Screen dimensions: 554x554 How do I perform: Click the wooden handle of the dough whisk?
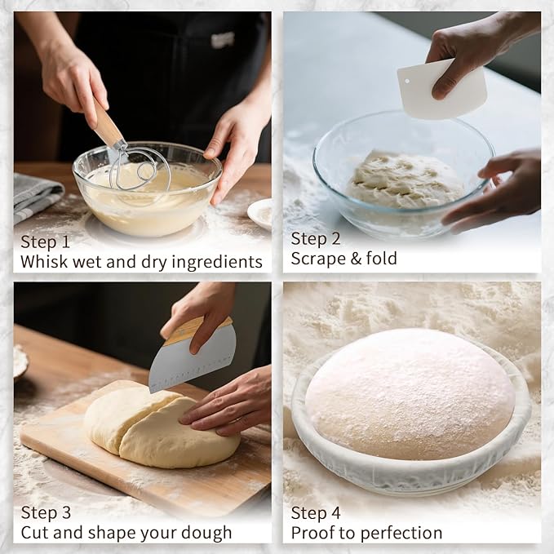click(x=106, y=123)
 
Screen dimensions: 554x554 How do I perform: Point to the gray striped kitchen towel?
click(x=34, y=196)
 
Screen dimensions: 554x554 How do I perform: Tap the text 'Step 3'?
click(x=46, y=513)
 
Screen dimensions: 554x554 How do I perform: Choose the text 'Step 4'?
click(x=316, y=513)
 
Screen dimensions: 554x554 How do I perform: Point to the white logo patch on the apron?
click(x=223, y=39)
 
